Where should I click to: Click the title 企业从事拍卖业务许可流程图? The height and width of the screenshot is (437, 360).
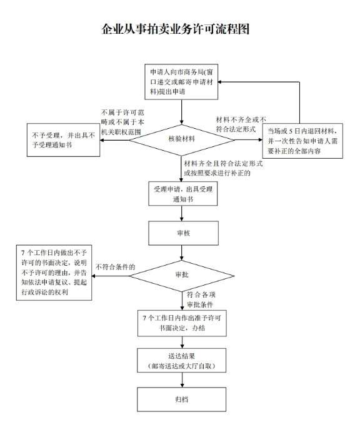tap(179, 29)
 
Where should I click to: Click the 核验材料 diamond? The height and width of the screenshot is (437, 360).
tap(181, 139)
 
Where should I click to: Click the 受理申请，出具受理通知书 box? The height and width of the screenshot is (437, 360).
tap(181, 193)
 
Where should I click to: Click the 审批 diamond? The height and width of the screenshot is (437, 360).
tap(181, 273)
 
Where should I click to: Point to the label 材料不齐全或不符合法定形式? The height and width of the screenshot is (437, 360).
tap(241, 124)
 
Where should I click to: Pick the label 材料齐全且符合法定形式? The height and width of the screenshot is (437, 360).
tap(222, 168)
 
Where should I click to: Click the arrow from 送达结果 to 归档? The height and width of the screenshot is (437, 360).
tap(181, 379)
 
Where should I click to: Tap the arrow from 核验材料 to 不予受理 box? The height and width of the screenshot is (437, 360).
tap(116, 139)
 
